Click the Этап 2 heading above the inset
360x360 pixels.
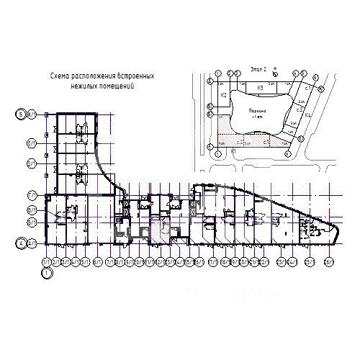[258, 68]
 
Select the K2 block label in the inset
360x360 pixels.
[223, 95]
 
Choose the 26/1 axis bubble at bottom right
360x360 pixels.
[328, 262]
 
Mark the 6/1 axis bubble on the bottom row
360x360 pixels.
[97, 261]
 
